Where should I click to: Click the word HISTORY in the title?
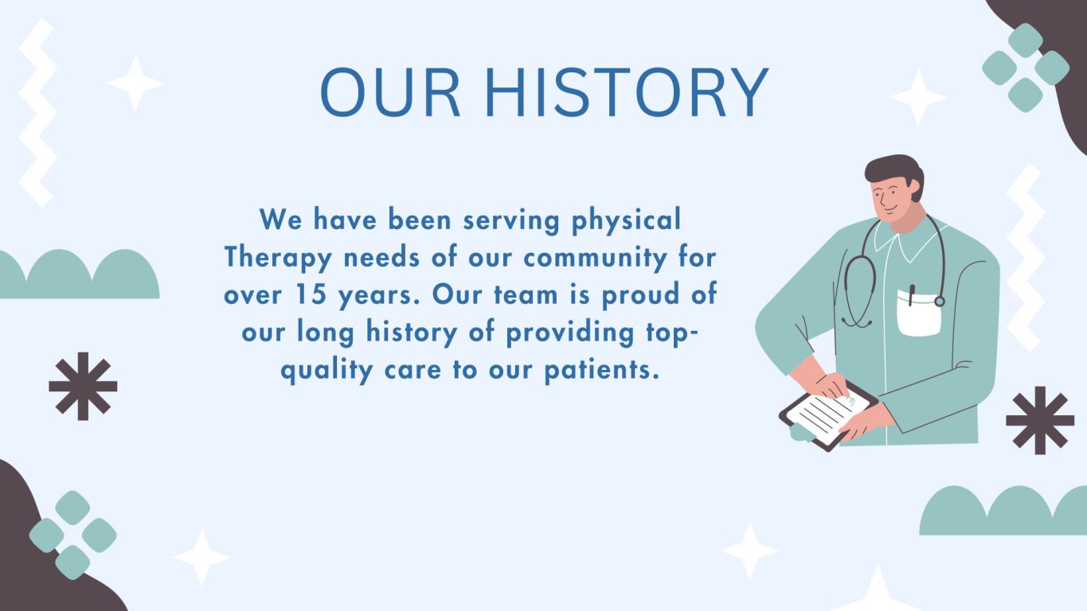627,92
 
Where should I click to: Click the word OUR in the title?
390,92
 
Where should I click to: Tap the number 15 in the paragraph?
311,294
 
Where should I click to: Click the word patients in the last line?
602,369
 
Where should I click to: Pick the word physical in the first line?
626,220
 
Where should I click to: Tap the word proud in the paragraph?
640,295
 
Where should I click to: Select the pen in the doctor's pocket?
911,295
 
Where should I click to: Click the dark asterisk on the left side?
83,386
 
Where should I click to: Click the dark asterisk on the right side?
1040,420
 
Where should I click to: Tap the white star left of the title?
135,83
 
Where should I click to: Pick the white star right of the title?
917,98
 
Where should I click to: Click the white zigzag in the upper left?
38,113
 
